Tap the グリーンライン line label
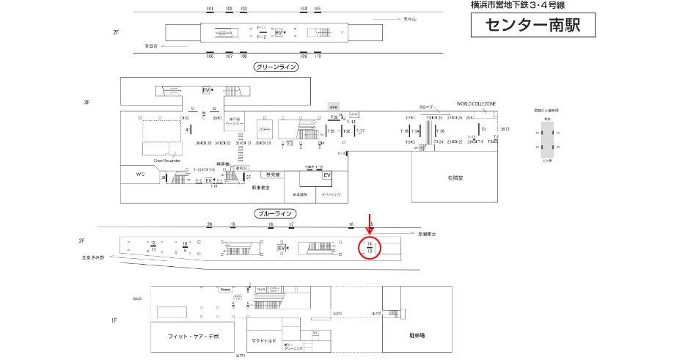(x=276, y=67)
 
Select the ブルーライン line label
(x=276, y=213)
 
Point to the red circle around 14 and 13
(x=370, y=248)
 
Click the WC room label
(x=141, y=175)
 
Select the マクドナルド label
(x=264, y=341)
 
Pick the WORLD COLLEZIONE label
(x=477, y=104)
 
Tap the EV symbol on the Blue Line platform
(x=281, y=249)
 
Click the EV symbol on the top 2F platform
(x=279, y=33)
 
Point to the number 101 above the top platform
(x=210, y=9)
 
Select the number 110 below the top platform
(x=318, y=56)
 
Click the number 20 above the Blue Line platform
(x=210, y=224)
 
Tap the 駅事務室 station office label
(x=261, y=188)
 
